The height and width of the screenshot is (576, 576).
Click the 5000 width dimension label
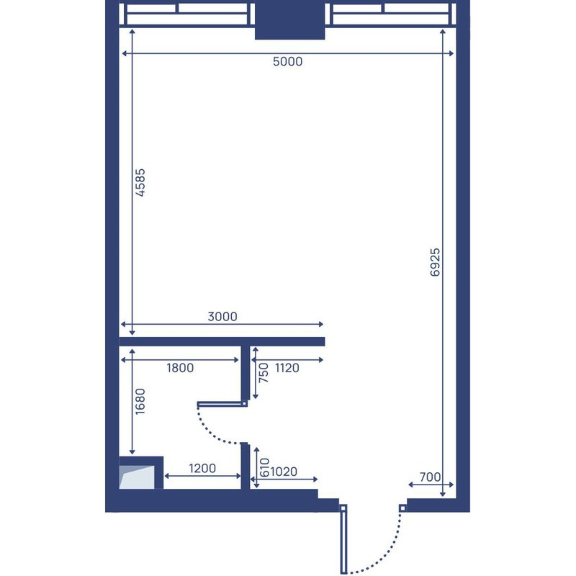click(287, 61)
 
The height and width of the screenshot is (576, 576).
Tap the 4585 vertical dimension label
click(140, 183)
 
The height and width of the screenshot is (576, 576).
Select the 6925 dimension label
click(435, 262)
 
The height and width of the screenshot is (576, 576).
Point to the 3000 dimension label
click(222, 316)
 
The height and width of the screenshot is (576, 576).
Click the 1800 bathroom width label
click(180, 368)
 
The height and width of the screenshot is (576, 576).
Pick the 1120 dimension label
click(287, 368)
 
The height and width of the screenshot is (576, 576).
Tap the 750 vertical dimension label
click(264, 373)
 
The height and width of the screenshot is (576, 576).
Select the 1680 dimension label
click(140, 402)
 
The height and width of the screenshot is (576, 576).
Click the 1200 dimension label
click(202, 469)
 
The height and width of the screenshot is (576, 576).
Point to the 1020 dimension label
click(284, 472)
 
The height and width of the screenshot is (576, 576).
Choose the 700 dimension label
click(430, 477)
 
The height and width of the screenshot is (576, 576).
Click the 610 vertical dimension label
click(264, 467)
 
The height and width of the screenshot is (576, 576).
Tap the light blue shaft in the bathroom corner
click(137, 477)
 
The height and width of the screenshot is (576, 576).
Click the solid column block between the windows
click(290, 19)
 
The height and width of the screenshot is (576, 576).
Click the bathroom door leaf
click(220, 404)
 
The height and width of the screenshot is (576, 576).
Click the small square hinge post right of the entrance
click(402, 508)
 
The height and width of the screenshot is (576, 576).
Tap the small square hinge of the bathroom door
click(245, 403)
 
